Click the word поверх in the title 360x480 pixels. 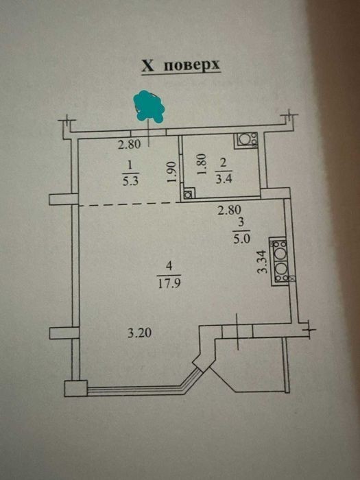[192, 65]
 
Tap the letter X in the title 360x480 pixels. [148, 66]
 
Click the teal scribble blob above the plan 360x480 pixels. [149, 106]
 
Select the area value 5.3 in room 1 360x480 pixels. [130, 181]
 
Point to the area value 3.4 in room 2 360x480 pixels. [224, 178]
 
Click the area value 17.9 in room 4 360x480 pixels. [169, 283]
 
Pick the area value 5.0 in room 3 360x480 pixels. [242, 239]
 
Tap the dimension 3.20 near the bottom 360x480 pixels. [140, 333]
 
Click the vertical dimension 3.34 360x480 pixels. [263, 261]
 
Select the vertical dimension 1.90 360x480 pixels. [172, 172]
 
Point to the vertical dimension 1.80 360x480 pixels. [202, 165]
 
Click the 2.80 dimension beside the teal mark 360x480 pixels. [130, 144]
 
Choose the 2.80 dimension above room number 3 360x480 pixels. [229, 211]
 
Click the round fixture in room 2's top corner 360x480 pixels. [246, 140]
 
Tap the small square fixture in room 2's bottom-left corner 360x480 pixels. [189, 194]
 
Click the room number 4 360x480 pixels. [169, 266]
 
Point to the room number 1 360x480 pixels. [130, 166]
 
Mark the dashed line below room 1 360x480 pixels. [129, 204]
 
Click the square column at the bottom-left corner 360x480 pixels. [76, 388]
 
